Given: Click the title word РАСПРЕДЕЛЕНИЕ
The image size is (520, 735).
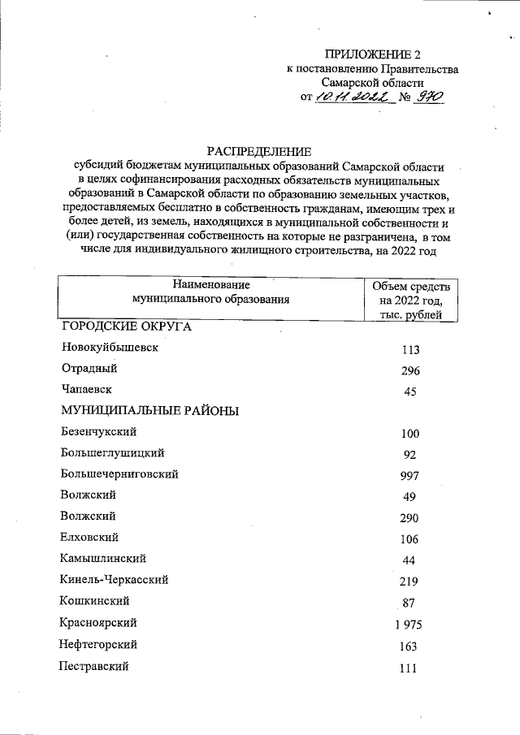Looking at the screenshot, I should point(259,150).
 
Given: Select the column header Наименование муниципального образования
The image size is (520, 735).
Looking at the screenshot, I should point(211,292).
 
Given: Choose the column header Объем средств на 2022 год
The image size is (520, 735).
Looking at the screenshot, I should point(409,300).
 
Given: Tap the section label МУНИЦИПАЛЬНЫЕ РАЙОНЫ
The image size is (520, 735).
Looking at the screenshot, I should point(149,411).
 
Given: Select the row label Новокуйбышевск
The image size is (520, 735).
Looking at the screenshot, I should point(109,348).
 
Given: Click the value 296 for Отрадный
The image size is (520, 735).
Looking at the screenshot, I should point(409,371).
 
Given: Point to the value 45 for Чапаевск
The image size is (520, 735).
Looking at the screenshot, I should point(409,392).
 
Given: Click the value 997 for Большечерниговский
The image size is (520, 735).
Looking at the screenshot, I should point(409,478).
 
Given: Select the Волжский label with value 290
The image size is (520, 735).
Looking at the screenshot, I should point(88,516).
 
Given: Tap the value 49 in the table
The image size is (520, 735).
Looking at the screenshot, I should point(409,497).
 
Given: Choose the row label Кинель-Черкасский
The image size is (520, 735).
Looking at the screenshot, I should point(114,580).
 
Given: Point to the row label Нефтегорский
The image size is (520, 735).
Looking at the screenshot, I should point(98,644).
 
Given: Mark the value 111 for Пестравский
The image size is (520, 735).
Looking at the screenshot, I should point(409,668).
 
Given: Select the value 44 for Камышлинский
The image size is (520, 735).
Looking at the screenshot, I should point(409,560).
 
